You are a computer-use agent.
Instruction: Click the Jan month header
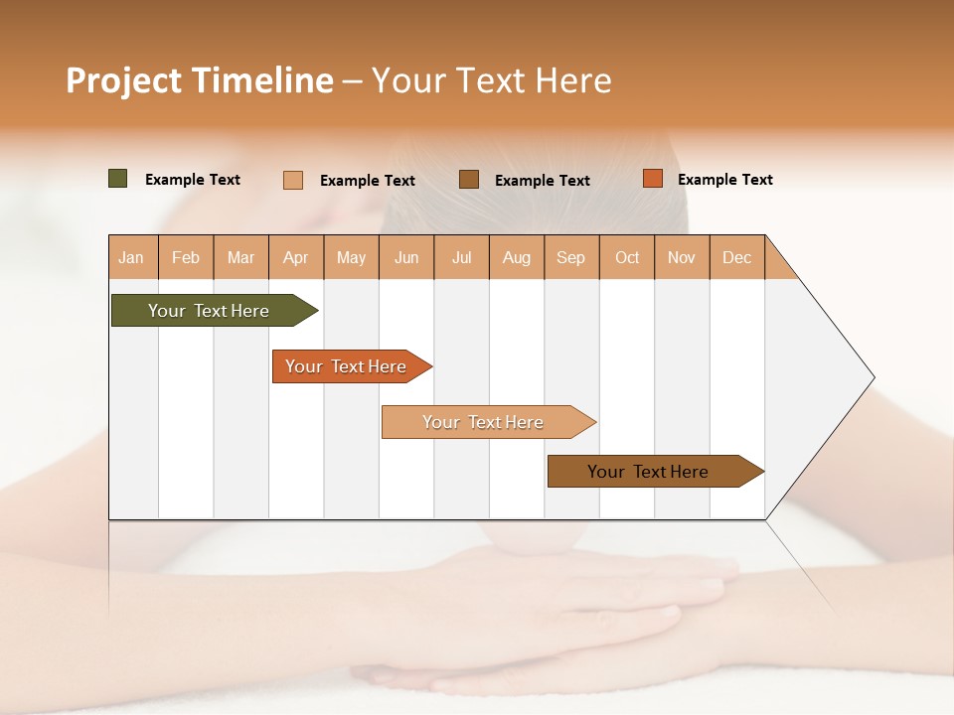click(x=132, y=257)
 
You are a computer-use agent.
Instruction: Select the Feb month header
click(x=186, y=257)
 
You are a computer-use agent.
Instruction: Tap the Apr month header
click(x=296, y=257)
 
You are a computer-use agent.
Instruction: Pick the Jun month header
click(x=406, y=257)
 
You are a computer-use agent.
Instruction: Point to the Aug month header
click(x=517, y=257)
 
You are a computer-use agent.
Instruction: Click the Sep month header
click(x=571, y=257)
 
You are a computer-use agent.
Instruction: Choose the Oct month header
click(x=627, y=257)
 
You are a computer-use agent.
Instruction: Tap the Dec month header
click(x=737, y=257)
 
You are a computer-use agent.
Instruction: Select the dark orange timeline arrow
click(x=348, y=366)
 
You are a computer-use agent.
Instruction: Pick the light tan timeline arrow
click(x=485, y=422)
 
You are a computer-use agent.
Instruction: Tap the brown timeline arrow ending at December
click(x=651, y=472)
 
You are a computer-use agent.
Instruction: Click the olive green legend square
click(x=117, y=179)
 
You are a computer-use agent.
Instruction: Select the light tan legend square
click(x=293, y=180)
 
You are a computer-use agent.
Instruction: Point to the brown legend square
click(x=469, y=180)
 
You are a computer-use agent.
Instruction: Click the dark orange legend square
click(x=652, y=179)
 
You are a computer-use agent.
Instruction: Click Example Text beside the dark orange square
click(x=724, y=180)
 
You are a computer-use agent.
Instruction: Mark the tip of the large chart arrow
click(x=873, y=377)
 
